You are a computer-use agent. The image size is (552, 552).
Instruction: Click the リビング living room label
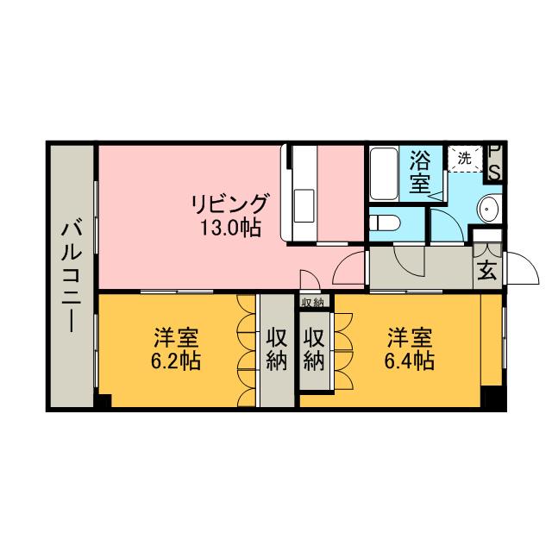click(x=229, y=204)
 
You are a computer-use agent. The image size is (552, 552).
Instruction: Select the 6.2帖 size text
click(x=177, y=361)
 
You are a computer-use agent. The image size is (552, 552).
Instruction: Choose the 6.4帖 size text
click(x=409, y=361)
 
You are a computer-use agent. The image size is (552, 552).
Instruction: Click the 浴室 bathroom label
click(x=420, y=172)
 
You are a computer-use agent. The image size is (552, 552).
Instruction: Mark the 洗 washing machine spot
click(x=464, y=159)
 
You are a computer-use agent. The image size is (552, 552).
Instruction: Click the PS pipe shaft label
click(x=495, y=162)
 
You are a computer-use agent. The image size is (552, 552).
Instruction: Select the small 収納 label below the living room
click(x=312, y=302)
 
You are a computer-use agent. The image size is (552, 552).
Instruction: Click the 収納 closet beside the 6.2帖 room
click(x=276, y=349)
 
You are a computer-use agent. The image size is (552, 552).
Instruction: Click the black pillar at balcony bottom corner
click(x=103, y=402)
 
